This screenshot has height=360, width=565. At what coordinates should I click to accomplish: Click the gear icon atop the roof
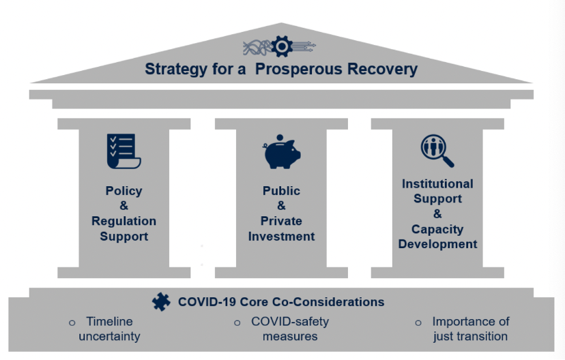click(281, 46)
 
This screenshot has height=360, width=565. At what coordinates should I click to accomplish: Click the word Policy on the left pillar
click(124, 191)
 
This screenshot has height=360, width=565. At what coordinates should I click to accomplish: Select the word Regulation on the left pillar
click(124, 221)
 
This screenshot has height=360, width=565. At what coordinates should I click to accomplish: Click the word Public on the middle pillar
click(281, 191)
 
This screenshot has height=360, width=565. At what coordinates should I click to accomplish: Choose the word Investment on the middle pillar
click(281, 236)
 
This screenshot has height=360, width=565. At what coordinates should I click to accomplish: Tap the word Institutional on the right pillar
click(437, 183)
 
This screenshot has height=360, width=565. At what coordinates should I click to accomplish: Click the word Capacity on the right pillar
click(437, 229)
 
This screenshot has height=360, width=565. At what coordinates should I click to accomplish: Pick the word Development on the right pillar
click(437, 244)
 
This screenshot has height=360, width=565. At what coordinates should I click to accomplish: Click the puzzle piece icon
click(161, 301)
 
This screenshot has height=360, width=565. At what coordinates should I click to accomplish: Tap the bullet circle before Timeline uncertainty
click(72, 322)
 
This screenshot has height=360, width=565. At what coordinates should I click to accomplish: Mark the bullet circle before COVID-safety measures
click(237, 322)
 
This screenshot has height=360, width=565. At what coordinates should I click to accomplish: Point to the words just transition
click(470, 336)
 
